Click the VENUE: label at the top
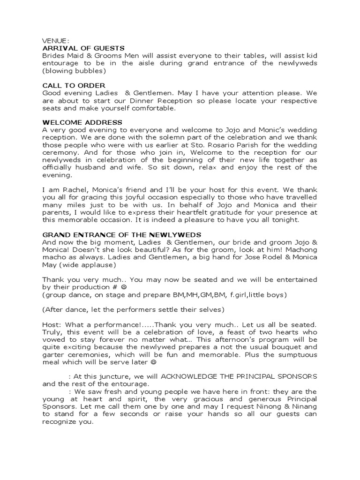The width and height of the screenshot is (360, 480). tap(56, 41)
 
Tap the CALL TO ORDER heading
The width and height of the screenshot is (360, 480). tap(74, 86)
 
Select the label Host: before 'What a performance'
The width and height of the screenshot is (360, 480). tap(52, 324)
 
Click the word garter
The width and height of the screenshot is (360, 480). tap(53, 355)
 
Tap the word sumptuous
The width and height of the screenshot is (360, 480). tap(292, 355)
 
